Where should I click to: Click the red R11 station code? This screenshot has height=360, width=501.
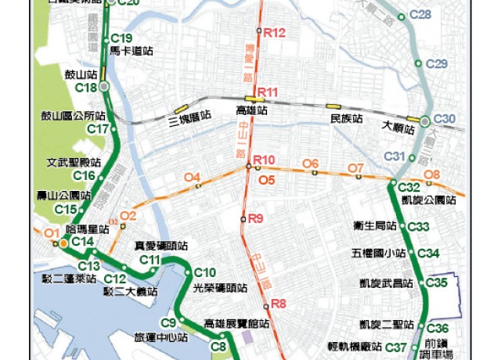point(268,92)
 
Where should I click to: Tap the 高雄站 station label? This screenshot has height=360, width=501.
point(251,112)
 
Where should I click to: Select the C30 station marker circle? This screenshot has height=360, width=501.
point(424,121)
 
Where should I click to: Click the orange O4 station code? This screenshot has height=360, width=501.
point(192,178)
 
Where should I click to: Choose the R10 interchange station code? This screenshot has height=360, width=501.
point(265,160)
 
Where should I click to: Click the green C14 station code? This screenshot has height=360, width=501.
point(82,242)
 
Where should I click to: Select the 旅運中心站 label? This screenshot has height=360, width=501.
point(160,338)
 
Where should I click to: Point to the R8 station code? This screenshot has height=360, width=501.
point(279,304)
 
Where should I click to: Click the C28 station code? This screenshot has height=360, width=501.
point(420,15)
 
